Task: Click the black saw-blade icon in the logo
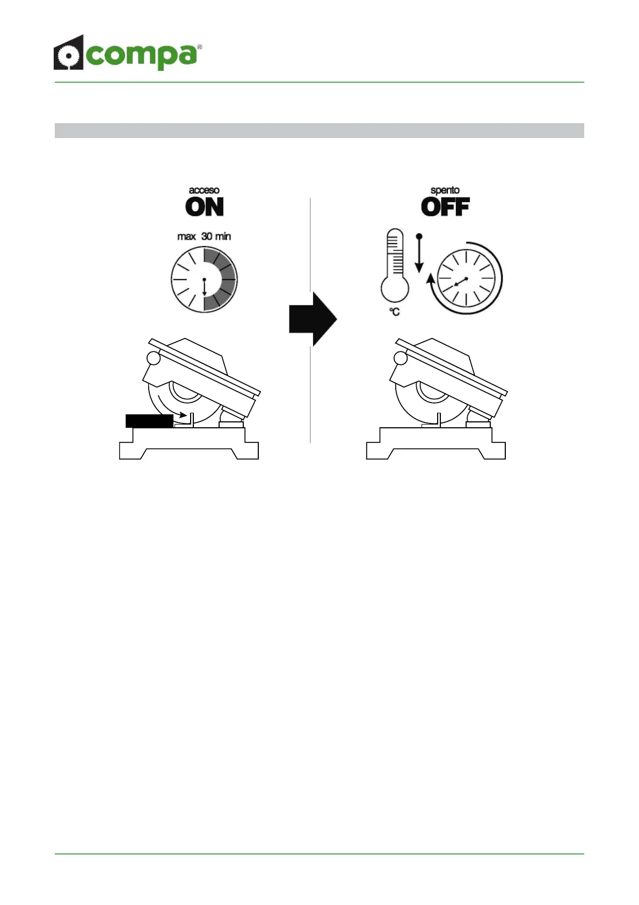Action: tap(68, 53)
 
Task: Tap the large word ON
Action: tap(204, 207)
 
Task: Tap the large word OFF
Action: tap(445, 207)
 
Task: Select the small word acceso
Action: tap(204, 190)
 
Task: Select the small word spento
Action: tap(445, 190)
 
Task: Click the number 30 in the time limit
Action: tap(207, 236)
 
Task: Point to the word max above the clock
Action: tap(186, 236)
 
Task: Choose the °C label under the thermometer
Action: tap(395, 312)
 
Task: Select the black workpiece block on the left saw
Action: tap(149, 421)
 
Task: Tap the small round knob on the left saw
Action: tap(154, 358)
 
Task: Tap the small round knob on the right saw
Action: tap(401, 358)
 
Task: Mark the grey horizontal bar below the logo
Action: tap(319, 131)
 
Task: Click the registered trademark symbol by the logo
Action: tap(200, 48)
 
